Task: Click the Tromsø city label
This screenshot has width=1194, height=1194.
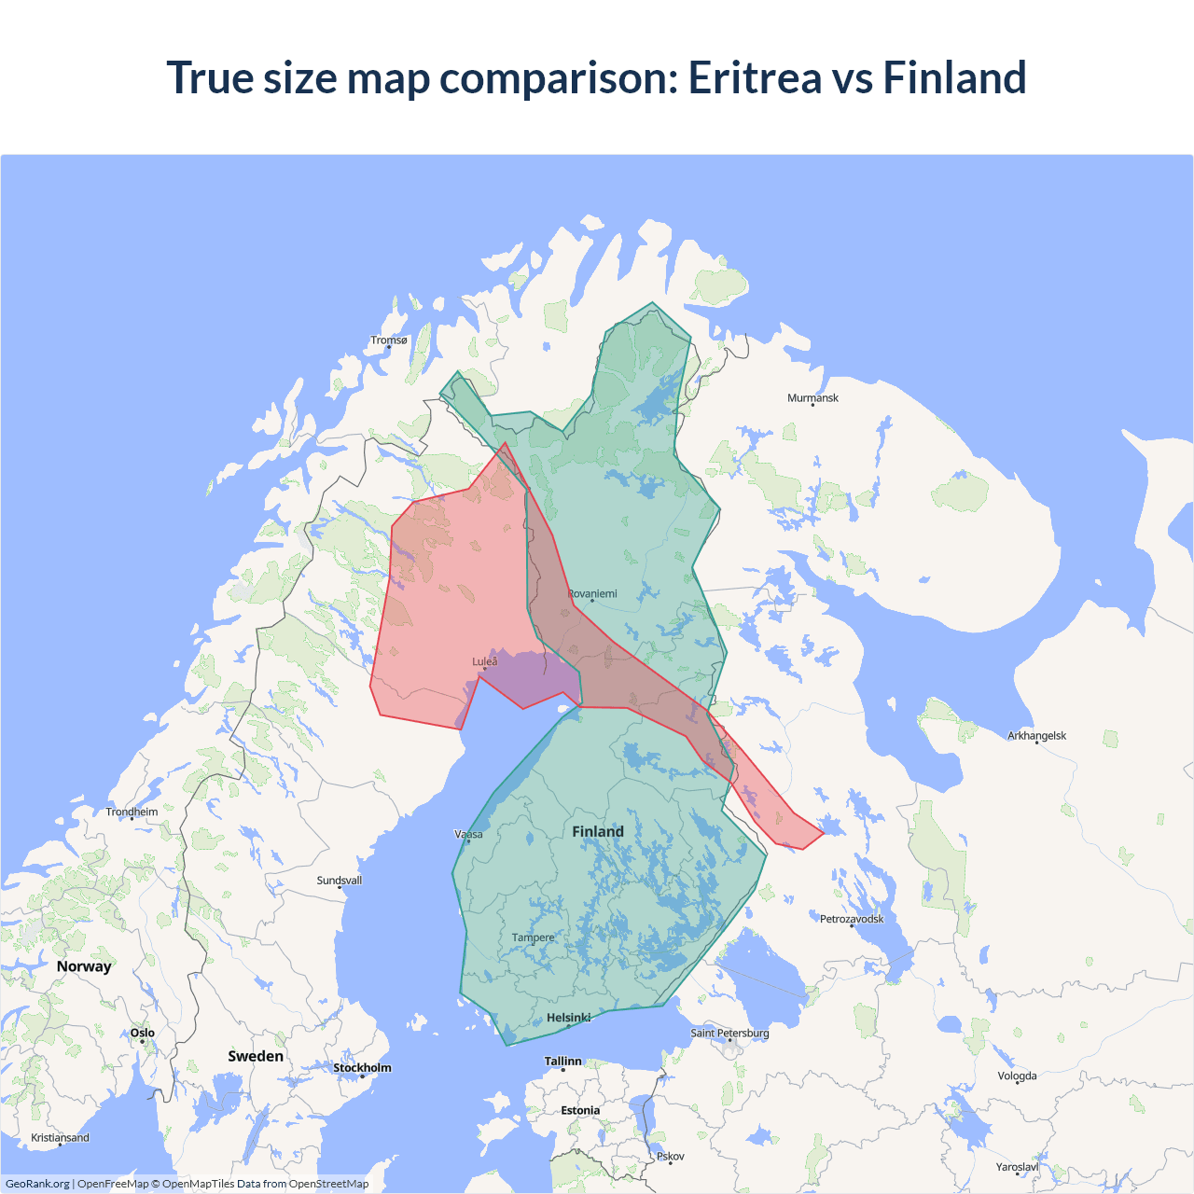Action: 389,340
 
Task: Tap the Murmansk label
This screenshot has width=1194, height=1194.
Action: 812,398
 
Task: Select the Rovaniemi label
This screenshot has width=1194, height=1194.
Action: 592,594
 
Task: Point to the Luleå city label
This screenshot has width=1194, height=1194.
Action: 485,662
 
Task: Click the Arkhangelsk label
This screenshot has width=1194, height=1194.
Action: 1036,736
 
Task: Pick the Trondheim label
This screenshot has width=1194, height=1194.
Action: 132,812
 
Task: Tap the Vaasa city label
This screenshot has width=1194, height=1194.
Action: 468,835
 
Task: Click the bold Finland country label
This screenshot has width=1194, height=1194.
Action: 598,832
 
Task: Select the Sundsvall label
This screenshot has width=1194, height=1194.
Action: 339,881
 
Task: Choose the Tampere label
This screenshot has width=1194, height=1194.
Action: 533,938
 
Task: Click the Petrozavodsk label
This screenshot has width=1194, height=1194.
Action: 852,920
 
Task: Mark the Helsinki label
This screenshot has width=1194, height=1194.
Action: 568,1019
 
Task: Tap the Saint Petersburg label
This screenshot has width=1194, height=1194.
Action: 729,1034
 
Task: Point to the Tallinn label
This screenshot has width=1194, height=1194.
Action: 562,1062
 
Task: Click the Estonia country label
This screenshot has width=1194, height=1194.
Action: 580,1111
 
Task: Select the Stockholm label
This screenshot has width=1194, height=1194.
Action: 362,1068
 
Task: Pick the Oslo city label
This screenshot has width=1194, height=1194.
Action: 143,1034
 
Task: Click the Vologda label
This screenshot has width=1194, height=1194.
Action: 1017,1076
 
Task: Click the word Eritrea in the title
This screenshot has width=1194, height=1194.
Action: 754,77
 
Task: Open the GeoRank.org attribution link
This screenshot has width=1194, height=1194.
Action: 37,1184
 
